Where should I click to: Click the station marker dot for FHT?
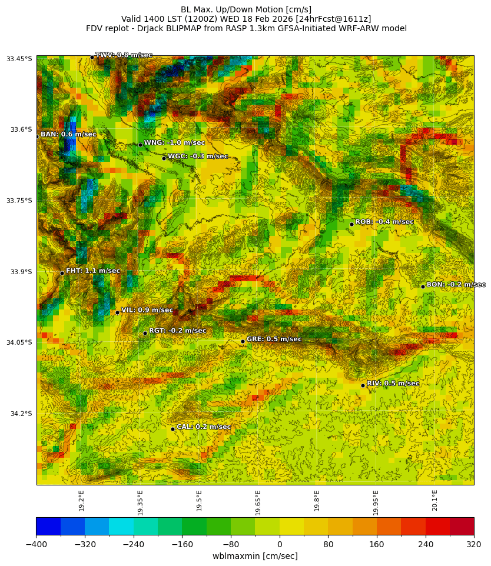click(62, 273)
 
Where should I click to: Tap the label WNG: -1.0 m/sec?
click(174, 143)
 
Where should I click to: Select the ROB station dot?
click(351, 224)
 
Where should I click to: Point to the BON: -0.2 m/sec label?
click(456, 285)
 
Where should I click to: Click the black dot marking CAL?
click(172, 429)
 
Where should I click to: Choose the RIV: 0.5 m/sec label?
click(393, 384)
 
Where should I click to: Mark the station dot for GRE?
click(243, 341)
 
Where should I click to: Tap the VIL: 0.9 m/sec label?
click(147, 310)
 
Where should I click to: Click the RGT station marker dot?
click(145, 333)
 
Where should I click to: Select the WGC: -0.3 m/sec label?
click(197, 157)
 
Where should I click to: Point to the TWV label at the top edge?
click(124, 55)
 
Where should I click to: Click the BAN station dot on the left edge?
click(37, 136)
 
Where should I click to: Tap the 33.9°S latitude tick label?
click(19, 272)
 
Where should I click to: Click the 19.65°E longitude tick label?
click(258, 502)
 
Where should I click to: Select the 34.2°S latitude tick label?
click(19, 414)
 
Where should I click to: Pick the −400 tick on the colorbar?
click(36, 544)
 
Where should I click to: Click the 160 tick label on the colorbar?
click(377, 544)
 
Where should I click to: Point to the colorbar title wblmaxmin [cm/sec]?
click(255, 556)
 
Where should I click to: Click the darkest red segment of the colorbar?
click(462, 526)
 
